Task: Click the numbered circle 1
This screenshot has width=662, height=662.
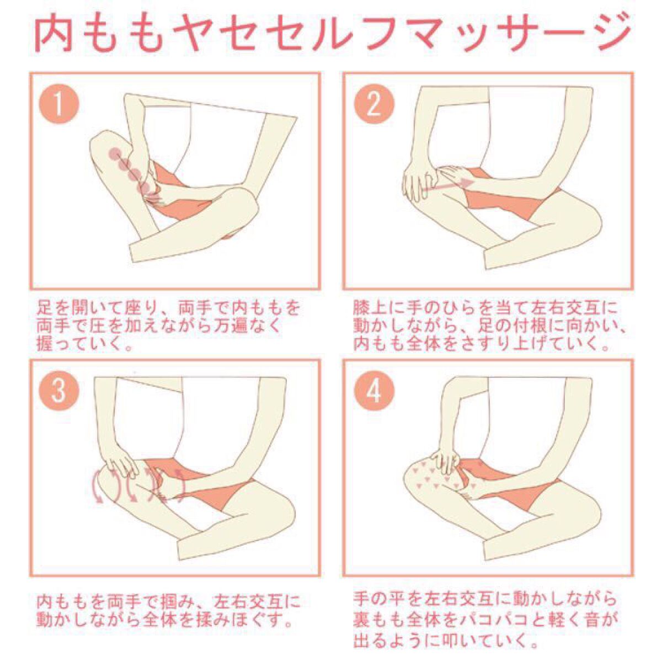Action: click(x=59, y=105)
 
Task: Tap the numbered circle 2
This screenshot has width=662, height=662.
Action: click(x=374, y=105)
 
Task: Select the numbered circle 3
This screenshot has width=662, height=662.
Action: click(x=59, y=392)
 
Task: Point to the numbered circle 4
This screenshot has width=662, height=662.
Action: click(x=374, y=392)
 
